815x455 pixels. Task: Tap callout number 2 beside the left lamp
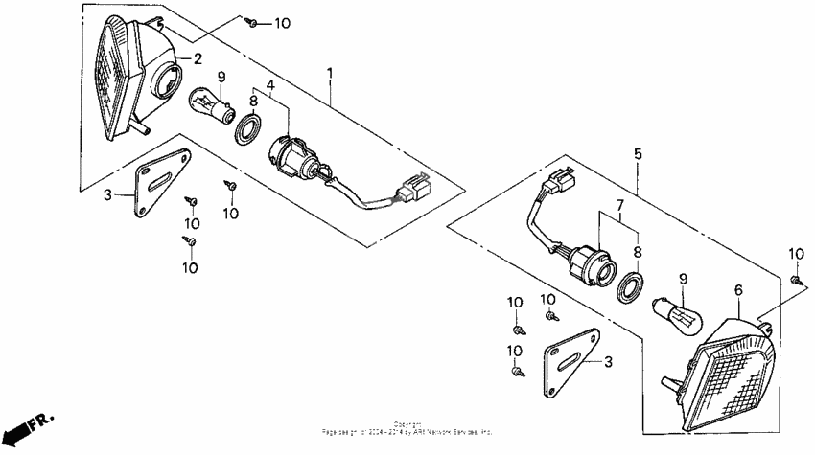point(198,58)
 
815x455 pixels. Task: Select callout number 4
point(271,85)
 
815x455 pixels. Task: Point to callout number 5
point(638,152)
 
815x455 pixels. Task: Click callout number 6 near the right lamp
point(738,289)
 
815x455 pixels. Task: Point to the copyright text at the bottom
point(407,428)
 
